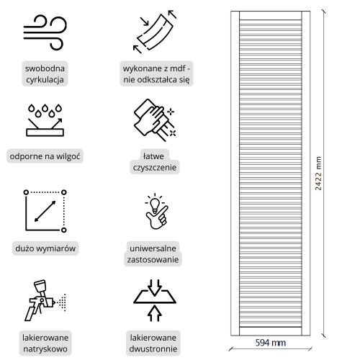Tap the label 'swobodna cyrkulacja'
pyautogui.click(x=45, y=74)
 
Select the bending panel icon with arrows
pyautogui.click(x=155, y=31)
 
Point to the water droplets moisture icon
pyautogui.click(x=45, y=120)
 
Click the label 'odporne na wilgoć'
pyautogui.click(x=45, y=156)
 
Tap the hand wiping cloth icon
pyautogui.click(x=155, y=120)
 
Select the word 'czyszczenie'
pyautogui.click(x=155, y=167)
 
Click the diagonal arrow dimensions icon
pyautogui.click(x=45, y=211)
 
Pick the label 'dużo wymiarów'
pyautogui.click(x=45, y=248)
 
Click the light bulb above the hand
pyautogui.click(x=155, y=204)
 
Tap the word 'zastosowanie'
pyautogui.click(x=153, y=260)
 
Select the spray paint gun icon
pyautogui.click(x=45, y=300)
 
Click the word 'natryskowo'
pyautogui.click(x=45, y=348)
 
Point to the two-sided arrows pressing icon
pyautogui.click(x=155, y=300)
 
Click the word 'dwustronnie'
pyautogui.click(x=153, y=348)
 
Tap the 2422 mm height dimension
pyautogui.click(x=318, y=174)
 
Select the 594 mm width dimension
pyautogui.click(x=271, y=343)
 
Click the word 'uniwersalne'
pyautogui.click(x=153, y=248)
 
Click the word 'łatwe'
pyautogui.click(x=153, y=156)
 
